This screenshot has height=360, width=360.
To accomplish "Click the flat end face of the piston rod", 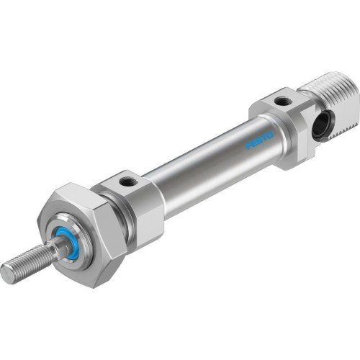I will [7, 274].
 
